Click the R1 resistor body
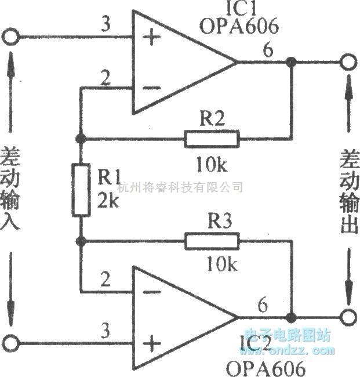(81, 191)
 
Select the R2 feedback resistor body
(212, 139)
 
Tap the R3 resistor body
(212, 241)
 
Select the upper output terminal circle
(347, 62)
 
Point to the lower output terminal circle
(347, 318)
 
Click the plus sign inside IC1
(152, 39)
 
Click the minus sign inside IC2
(152, 292)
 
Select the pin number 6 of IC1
(267, 50)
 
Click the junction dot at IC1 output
(292, 62)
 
